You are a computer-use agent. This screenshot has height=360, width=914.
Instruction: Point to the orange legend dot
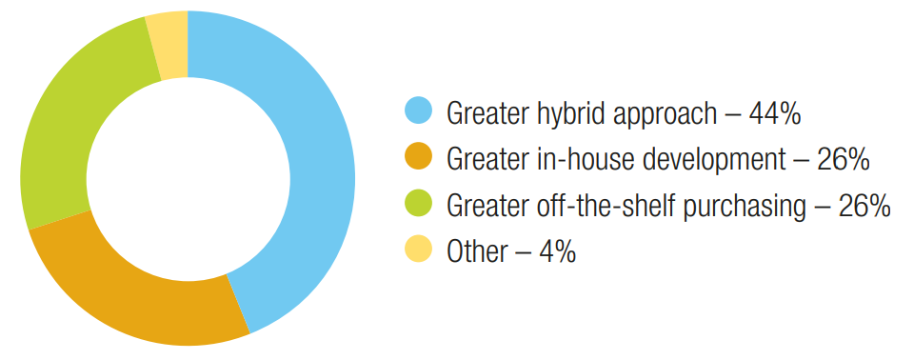pyautogui.click(x=418, y=157)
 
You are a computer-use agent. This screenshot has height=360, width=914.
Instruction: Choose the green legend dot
pyautogui.click(x=418, y=204)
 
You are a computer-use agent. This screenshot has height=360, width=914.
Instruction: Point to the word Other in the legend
pyautogui.click(x=476, y=252)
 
